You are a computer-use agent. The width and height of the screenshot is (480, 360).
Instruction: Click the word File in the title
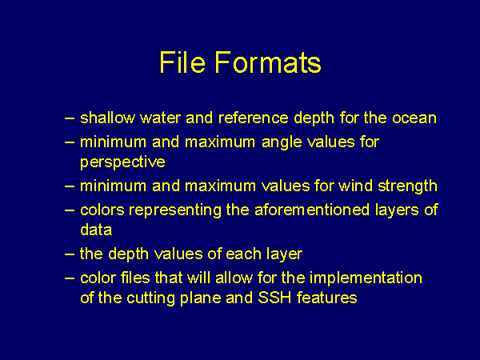click(x=182, y=62)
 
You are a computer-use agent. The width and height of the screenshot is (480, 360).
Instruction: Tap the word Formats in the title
click(x=268, y=62)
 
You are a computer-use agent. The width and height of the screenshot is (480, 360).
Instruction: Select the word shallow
click(x=107, y=118)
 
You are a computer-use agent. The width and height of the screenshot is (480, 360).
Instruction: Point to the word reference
click(x=254, y=118)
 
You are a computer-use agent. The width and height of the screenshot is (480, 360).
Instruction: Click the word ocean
click(x=414, y=118)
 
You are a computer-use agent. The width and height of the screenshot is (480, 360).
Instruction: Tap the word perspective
click(x=122, y=162)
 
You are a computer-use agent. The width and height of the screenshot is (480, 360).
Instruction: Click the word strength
click(x=407, y=186)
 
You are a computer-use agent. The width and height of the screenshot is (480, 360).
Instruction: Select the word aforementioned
click(x=312, y=210)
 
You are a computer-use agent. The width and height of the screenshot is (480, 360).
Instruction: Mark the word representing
click(x=175, y=210)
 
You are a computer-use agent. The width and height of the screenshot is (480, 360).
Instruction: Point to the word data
click(x=96, y=230)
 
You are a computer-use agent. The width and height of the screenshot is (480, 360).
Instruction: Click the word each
click(x=243, y=254)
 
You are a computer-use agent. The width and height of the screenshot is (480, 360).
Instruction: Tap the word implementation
click(x=366, y=278)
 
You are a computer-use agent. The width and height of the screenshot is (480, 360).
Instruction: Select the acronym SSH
click(x=274, y=298)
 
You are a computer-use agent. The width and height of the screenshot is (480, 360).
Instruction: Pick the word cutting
click(x=150, y=298)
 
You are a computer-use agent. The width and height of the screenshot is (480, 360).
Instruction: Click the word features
click(x=327, y=298)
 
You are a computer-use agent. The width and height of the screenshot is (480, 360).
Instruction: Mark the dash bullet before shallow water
click(x=70, y=118)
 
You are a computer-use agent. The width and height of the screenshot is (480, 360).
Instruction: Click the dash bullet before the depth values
click(x=70, y=254)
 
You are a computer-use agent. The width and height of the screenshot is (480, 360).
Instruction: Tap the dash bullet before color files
click(x=70, y=278)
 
